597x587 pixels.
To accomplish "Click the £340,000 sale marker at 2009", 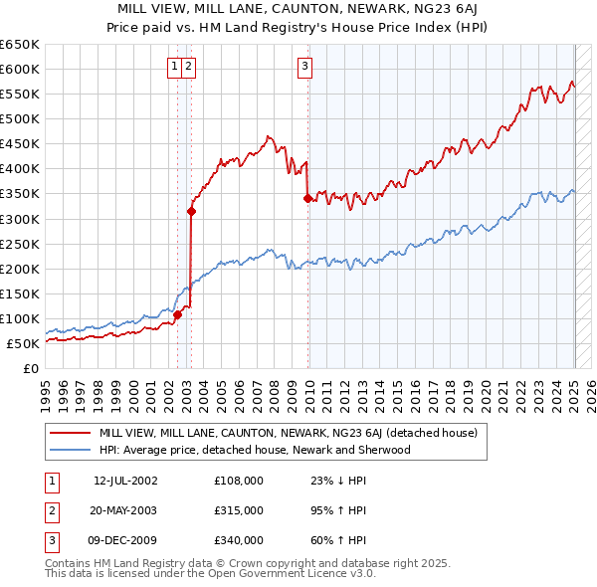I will pyautogui.click(x=307, y=198).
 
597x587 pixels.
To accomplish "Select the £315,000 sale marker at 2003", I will pyautogui.click(x=191, y=211).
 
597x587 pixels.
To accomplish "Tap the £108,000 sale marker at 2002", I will pyautogui.click(x=177, y=314).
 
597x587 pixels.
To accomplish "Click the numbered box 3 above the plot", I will pyautogui.click(x=304, y=67).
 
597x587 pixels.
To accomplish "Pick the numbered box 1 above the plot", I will pyautogui.click(x=174, y=67).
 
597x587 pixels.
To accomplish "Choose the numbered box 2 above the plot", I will pyautogui.click(x=188, y=67).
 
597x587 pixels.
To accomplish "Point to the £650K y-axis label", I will pyautogui.click(x=20, y=45).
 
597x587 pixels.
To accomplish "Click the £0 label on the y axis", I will pyautogui.click(x=32, y=369).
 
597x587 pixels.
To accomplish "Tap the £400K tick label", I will pyautogui.click(x=20, y=169).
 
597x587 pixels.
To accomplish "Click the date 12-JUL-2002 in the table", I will pyautogui.click(x=125, y=481).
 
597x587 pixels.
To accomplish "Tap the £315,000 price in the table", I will pyautogui.click(x=239, y=510).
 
